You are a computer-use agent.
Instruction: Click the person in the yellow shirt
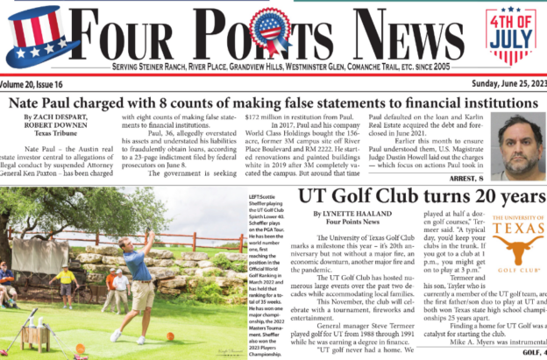(65, 284)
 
